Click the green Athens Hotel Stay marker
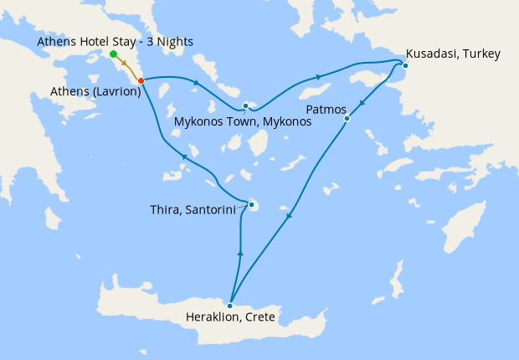113,54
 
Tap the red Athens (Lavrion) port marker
141,80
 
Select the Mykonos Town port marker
245,106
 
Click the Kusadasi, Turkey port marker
405,65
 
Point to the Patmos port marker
347,119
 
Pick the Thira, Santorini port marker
251,204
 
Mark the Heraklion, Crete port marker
229,306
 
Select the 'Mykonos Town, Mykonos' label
243,121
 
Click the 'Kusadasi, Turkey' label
453,54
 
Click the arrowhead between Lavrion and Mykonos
196,82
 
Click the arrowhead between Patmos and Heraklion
289,217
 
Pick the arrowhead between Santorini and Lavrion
183,157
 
